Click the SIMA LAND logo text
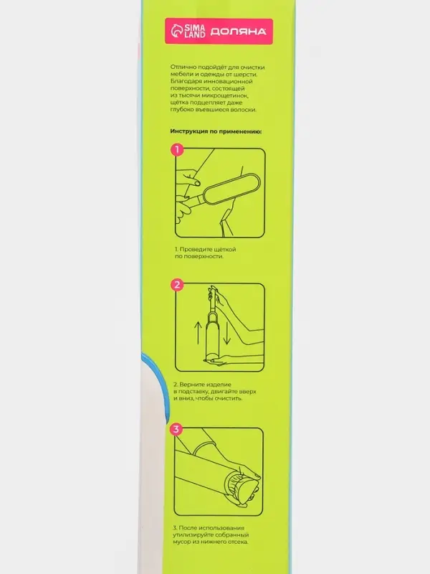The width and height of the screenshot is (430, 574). click(195, 32)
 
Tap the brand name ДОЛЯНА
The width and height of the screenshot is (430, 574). click(238, 32)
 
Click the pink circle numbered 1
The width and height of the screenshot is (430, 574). click(177, 149)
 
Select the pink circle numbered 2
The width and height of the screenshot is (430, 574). click(177, 284)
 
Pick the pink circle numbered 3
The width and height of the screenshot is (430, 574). click(176, 428)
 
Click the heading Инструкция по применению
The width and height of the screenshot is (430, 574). click(216, 131)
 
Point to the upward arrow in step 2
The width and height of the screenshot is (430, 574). click(198, 332)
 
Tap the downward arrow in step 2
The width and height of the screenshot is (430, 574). click(227, 332)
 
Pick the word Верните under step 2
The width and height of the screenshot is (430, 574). click(191, 385)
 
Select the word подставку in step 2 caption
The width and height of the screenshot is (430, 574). click(192, 392)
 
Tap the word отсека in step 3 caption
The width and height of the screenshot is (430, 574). click(238, 542)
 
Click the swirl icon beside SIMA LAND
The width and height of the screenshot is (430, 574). click(177, 32)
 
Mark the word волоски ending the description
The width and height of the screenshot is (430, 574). click(243, 110)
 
